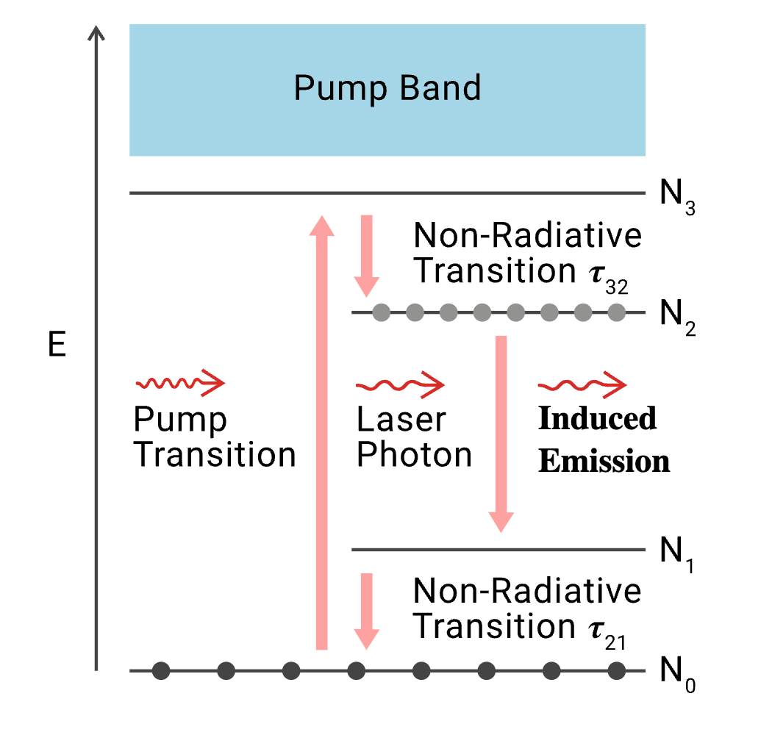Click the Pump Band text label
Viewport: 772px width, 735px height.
[x=387, y=88]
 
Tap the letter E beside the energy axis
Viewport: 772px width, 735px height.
[x=57, y=346]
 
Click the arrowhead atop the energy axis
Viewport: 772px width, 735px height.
[x=96, y=34]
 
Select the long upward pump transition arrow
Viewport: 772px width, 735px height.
[x=321, y=434]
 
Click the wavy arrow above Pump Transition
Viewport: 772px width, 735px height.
[x=180, y=383]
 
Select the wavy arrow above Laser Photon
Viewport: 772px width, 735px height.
[x=400, y=384]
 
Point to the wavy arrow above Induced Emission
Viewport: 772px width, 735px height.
[x=582, y=384]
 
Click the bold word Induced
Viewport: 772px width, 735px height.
[x=597, y=419]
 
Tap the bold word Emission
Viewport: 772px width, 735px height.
[x=604, y=462]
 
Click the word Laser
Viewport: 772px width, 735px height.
[x=401, y=420]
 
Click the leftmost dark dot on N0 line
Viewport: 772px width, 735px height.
[x=161, y=670]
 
